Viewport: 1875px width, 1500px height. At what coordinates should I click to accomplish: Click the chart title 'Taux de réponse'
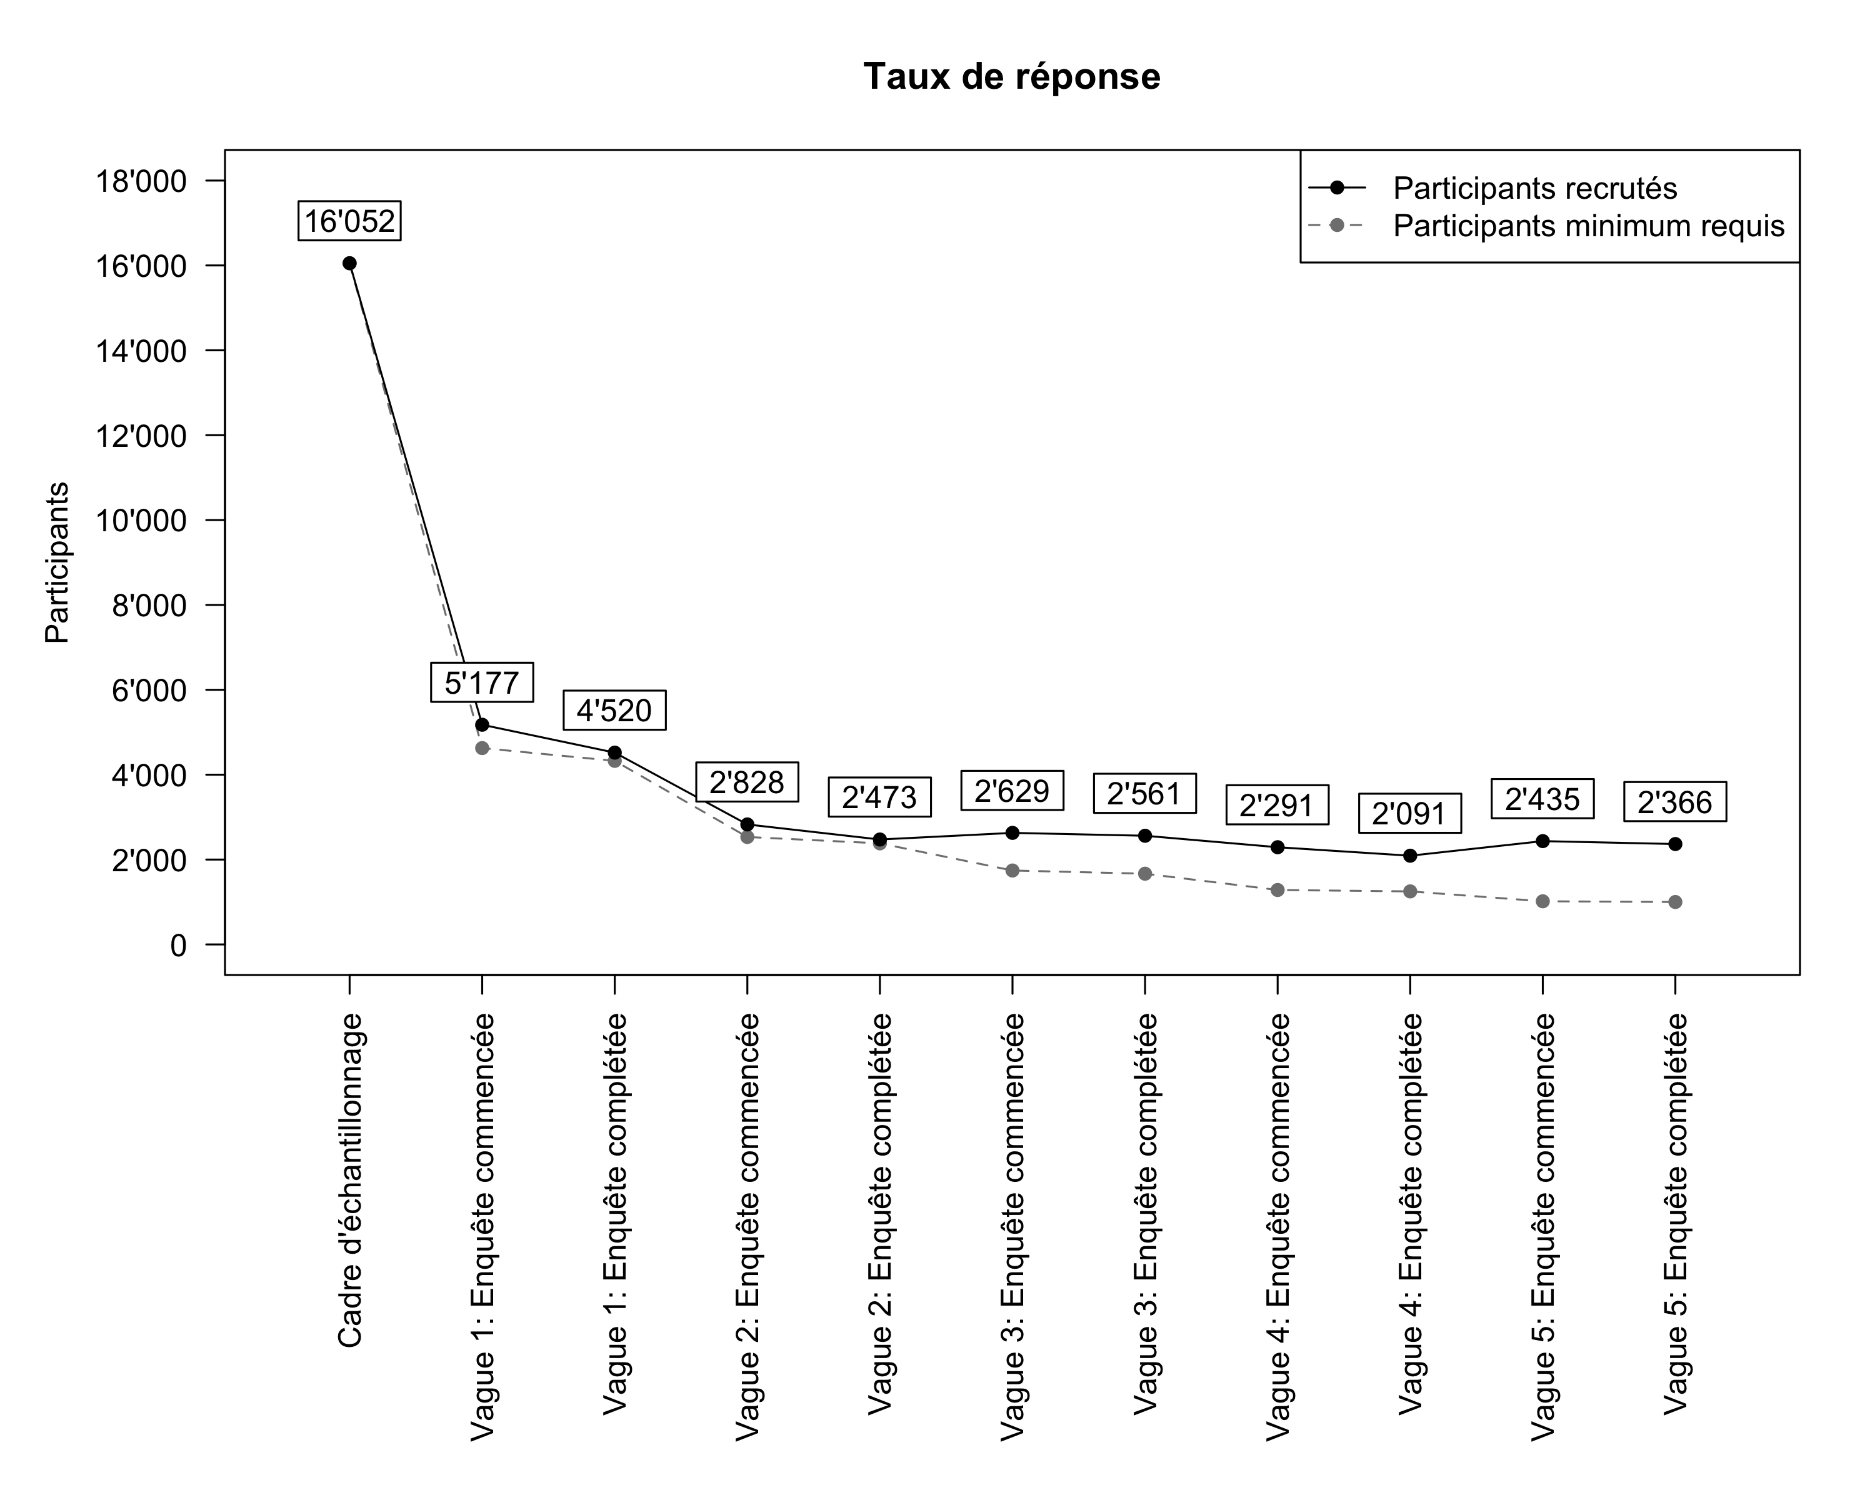coord(1011,76)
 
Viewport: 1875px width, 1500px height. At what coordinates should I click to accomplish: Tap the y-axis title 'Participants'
coord(57,562)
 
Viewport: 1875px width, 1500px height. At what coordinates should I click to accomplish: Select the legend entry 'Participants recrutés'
coord(1535,188)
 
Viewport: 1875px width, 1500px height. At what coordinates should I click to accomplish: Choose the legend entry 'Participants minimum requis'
coord(1588,226)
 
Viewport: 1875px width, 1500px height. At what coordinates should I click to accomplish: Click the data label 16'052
coord(349,221)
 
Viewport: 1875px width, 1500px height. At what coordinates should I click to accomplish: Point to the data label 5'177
coord(482,682)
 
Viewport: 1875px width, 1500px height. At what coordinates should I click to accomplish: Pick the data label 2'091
coord(1409,814)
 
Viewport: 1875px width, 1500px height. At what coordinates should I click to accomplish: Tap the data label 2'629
coord(1011,791)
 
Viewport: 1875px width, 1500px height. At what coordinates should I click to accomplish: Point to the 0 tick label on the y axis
coord(178,945)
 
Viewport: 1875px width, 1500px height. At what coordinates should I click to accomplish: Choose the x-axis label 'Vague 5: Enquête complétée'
coord(1676,1214)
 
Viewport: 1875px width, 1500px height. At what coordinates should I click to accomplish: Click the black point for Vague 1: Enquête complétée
coord(615,752)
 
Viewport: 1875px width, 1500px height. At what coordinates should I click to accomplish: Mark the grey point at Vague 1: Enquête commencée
coord(482,748)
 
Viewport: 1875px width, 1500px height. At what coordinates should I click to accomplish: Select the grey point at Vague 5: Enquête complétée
coord(1675,902)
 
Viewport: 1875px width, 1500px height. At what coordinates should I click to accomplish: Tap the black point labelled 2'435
coord(1542,841)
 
